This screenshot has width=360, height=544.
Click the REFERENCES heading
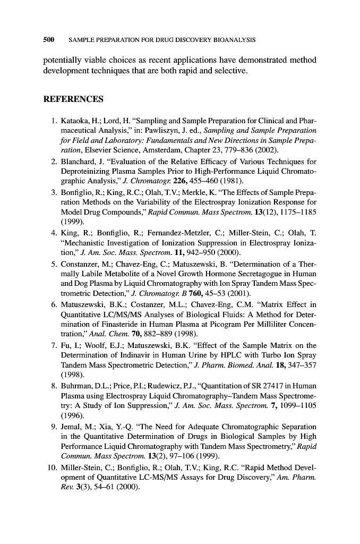(x=73, y=99)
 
